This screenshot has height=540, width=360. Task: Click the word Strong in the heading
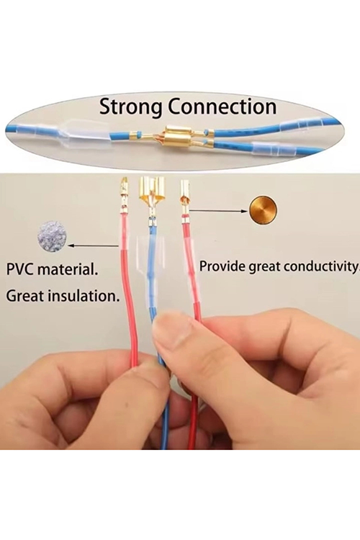[x=130, y=107]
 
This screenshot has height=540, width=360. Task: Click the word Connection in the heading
[x=222, y=107]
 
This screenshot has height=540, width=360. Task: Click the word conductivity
[x=320, y=266]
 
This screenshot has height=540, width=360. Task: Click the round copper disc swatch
[x=264, y=211]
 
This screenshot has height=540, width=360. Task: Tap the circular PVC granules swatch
[x=52, y=237]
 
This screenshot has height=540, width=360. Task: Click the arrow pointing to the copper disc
[x=218, y=210]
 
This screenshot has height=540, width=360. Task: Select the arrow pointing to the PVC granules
[x=94, y=246]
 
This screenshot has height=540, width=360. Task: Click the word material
[x=67, y=269]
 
